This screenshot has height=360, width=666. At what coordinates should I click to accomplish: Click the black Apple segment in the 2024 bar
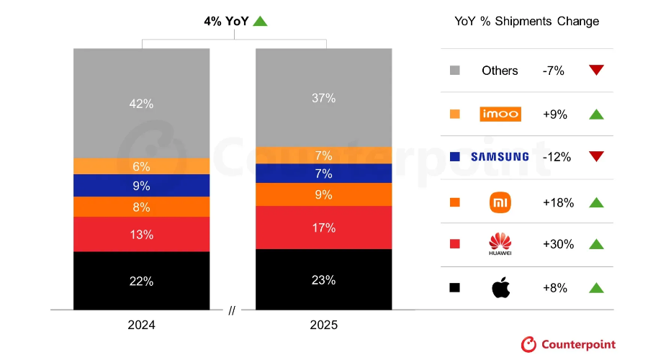[141, 281]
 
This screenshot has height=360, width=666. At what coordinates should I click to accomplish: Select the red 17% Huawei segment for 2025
[324, 228]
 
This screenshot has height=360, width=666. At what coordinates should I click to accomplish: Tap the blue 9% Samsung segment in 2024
[141, 186]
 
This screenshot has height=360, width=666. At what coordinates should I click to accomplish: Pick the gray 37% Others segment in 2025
[324, 97]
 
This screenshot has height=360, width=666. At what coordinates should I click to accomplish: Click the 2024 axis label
[141, 325]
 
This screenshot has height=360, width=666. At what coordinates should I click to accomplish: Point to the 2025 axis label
[324, 325]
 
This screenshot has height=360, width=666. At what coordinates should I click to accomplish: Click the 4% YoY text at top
[226, 21]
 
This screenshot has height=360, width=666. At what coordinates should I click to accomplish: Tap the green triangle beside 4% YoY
[260, 21]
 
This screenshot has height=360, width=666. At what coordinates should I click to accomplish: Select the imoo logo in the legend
[500, 114]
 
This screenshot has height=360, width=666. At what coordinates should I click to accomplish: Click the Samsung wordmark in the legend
[500, 157]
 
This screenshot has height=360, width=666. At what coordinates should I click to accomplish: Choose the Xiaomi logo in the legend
[500, 202]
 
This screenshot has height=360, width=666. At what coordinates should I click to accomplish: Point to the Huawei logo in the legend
[500, 245]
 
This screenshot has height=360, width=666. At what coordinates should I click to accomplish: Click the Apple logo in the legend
[500, 288]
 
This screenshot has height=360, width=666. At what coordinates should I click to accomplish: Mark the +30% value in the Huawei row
[558, 244]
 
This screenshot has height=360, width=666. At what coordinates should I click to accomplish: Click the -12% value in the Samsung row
[557, 157]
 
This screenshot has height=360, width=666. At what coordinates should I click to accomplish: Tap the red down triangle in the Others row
[595, 70]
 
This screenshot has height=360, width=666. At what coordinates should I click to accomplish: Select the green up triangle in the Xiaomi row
[595, 202]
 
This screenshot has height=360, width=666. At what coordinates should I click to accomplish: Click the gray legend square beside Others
[454, 71]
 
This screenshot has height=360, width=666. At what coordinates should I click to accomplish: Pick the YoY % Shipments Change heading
[526, 21]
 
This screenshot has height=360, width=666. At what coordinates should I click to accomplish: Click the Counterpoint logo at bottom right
[568, 344]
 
